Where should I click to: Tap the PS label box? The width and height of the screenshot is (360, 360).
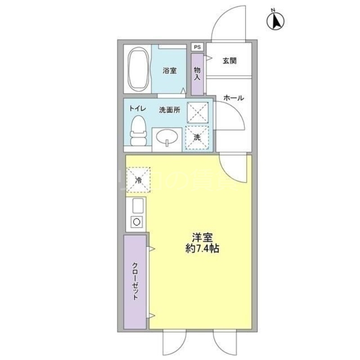pos(197,47)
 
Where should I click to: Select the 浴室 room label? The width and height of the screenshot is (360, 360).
pos(170,71)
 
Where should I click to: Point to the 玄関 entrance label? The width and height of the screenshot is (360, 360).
pos(229,61)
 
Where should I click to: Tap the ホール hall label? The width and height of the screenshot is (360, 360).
pos(234,98)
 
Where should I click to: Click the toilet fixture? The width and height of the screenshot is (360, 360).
pos(138,130)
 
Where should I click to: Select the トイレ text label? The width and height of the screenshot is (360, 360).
pos(137,108)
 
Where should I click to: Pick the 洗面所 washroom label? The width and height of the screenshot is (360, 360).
pos(170,110)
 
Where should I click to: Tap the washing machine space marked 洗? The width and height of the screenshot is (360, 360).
pos(197,138)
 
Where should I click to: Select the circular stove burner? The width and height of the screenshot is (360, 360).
pos(136,221)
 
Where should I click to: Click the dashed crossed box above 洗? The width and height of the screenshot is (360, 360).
pos(197,112)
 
